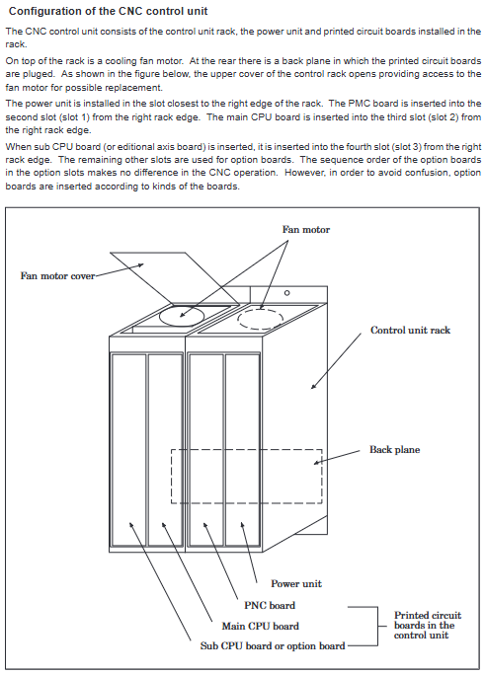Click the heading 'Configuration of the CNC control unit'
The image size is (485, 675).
(x=108, y=11)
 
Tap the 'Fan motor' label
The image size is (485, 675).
(x=306, y=230)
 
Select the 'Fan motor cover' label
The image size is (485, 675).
(x=57, y=276)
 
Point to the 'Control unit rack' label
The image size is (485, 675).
(x=410, y=331)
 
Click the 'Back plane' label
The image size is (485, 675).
(x=394, y=450)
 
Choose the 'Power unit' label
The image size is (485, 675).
(x=296, y=584)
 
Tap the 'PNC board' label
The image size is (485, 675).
(x=270, y=605)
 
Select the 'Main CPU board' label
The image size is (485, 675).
(x=260, y=626)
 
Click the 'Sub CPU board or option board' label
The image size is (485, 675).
(x=273, y=646)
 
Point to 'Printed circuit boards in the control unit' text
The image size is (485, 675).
(x=428, y=625)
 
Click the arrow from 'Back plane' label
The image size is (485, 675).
(x=337, y=457)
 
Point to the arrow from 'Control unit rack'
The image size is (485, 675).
(x=336, y=361)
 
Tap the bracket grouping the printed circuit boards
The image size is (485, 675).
(x=377, y=627)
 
